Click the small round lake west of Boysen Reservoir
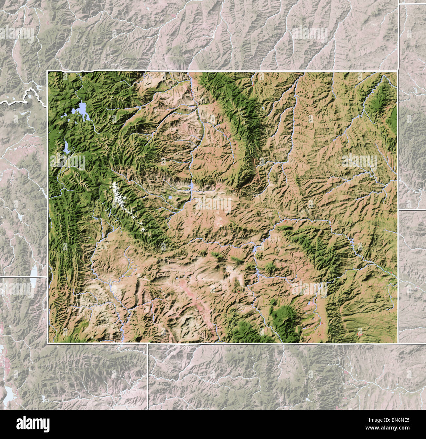pos(171,197)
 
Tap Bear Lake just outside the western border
pos(34,272)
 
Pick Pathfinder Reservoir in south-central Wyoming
pos(254,250)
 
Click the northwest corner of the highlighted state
pos(48,71)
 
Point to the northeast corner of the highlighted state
pos(398,71)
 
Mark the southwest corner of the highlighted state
pos(48,343)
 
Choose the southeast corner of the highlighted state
pos(398,343)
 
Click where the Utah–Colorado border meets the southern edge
pos(148,343)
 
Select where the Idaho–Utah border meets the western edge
pos(48,277)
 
